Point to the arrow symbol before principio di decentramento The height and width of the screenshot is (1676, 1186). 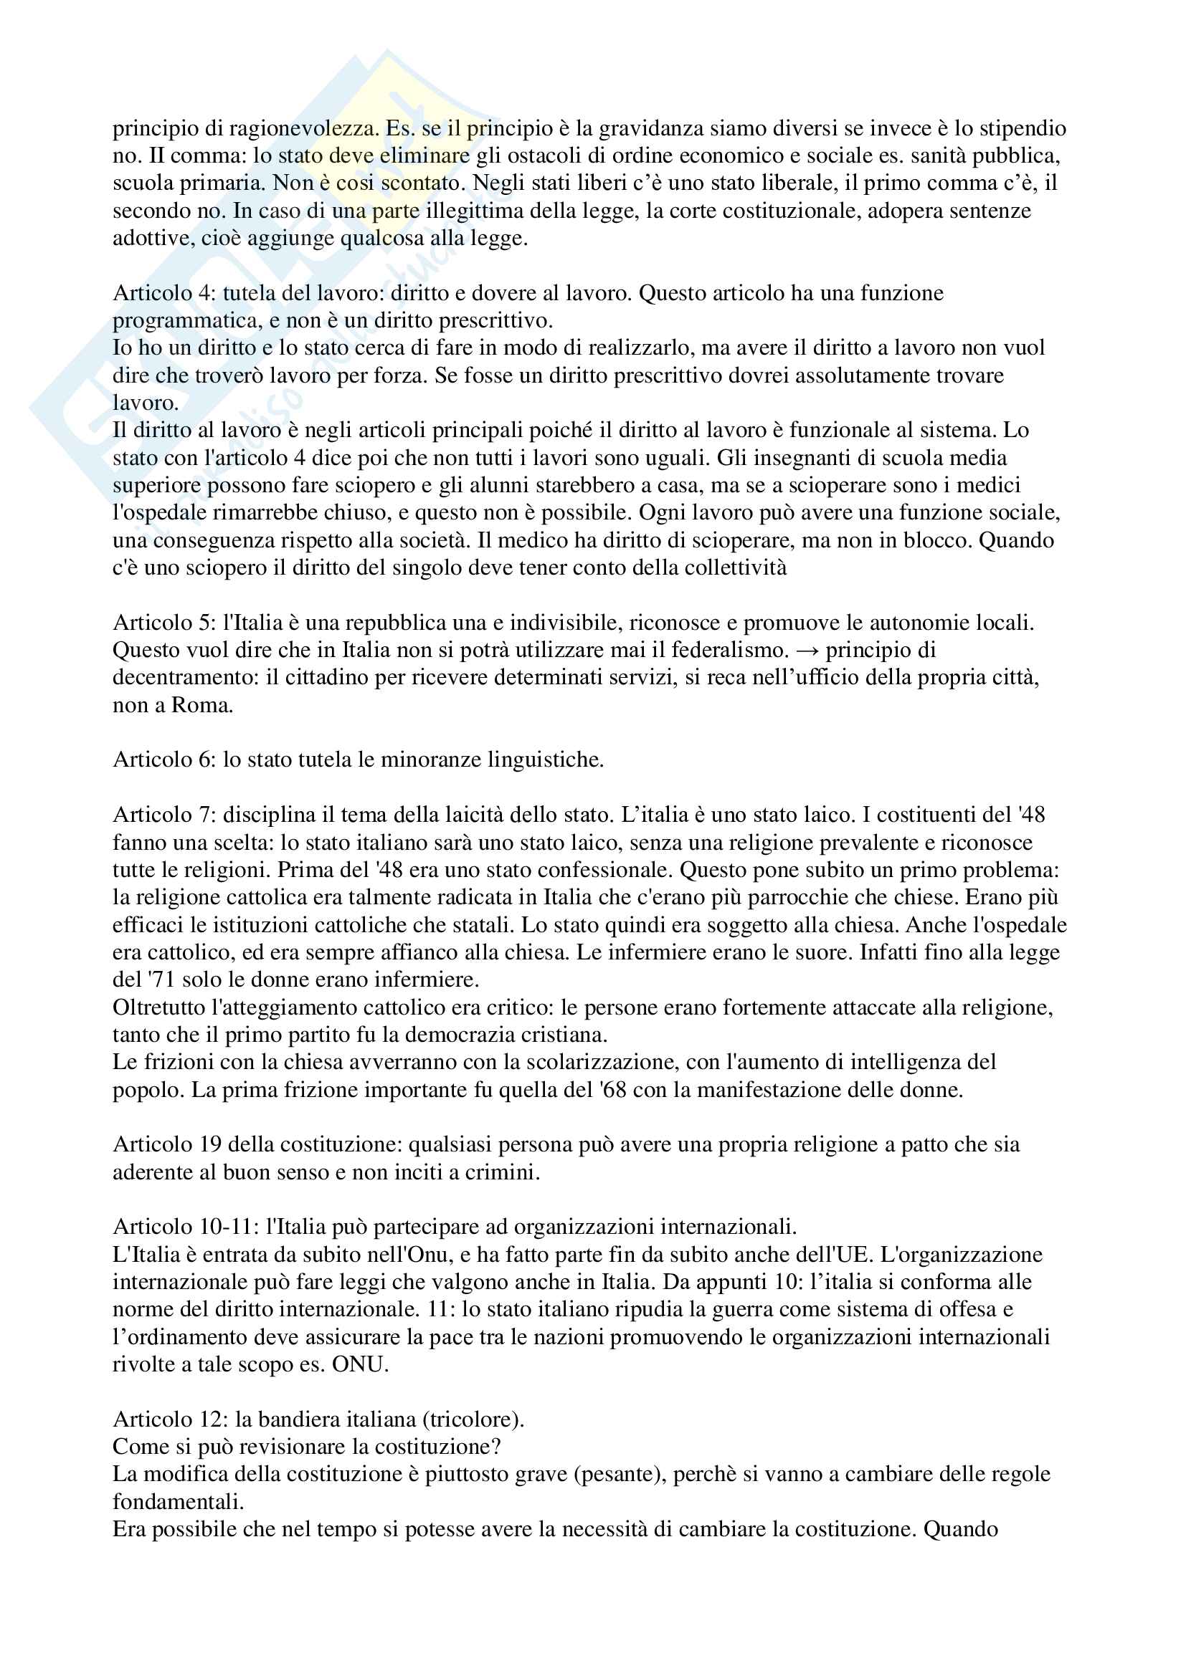point(807,651)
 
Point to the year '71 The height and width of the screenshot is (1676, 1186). point(160,980)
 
